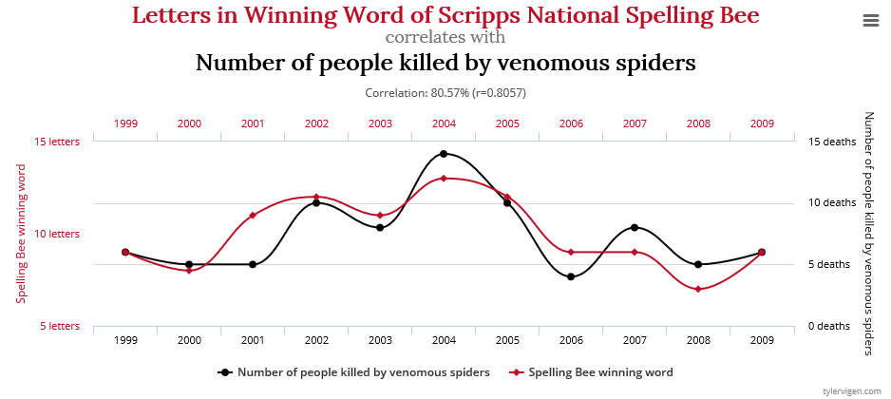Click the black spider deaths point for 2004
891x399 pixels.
click(x=444, y=154)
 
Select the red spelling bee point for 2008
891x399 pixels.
click(x=698, y=289)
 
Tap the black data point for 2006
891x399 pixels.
click(x=571, y=276)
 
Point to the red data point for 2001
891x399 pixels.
click(x=253, y=216)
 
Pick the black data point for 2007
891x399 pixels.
click(x=635, y=227)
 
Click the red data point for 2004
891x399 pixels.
click(x=444, y=179)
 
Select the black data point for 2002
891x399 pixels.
click(x=316, y=203)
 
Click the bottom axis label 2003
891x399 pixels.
click(x=380, y=339)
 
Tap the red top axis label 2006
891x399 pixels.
click(x=571, y=123)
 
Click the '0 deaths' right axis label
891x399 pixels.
click(x=828, y=326)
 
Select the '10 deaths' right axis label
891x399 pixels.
click(x=832, y=202)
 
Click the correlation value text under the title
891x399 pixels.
click(x=445, y=93)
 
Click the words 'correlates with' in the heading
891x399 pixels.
click(x=445, y=38)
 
